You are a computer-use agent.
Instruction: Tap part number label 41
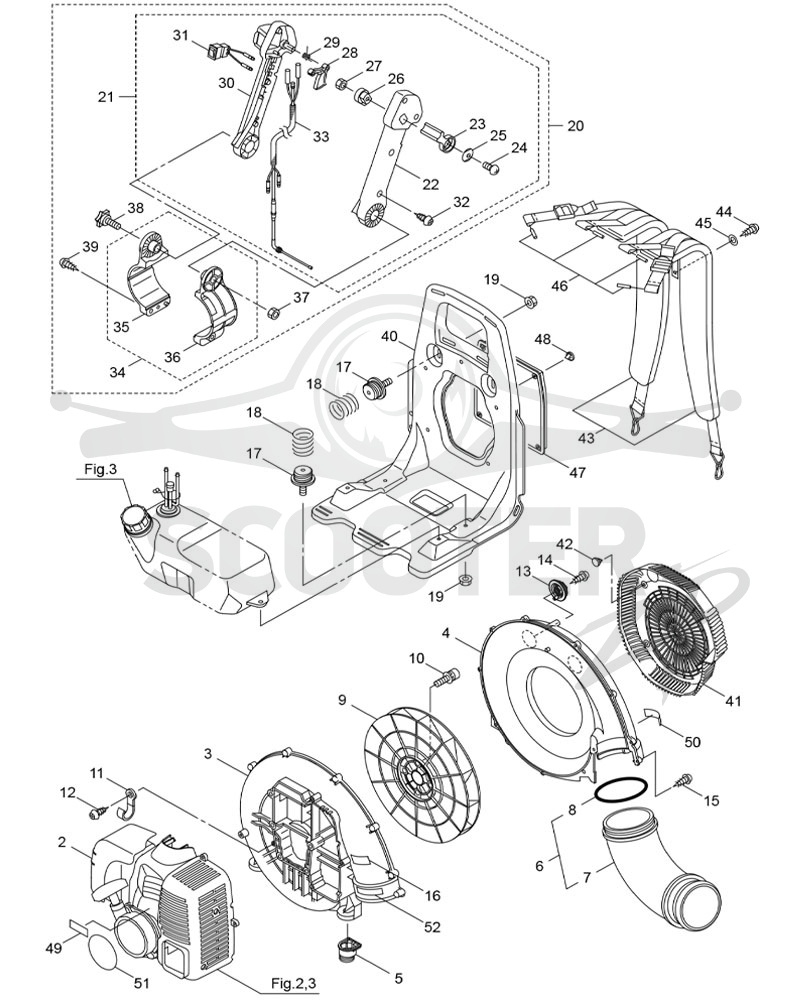click(734, 700)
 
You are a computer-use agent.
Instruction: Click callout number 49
click(54, 949)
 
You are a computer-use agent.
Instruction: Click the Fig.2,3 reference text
click(292, 983)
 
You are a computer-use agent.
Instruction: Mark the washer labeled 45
click(732, 240)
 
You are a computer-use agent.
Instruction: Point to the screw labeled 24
click(493, 168)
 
